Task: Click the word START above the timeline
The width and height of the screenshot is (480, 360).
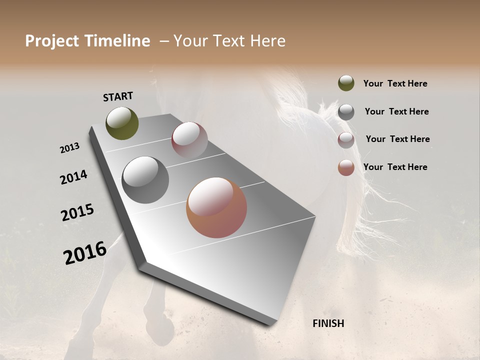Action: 118,96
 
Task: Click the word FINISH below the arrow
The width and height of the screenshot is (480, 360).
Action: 328,323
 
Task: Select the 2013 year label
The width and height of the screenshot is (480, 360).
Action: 69,148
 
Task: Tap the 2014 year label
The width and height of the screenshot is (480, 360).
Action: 73,177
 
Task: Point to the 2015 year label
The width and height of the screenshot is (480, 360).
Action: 77,212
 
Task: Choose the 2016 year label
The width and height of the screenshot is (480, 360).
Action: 85,252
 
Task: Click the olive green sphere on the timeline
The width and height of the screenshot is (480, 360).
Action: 122,123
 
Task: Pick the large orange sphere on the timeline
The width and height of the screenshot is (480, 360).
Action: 216,207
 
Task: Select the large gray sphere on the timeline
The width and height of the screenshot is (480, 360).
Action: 145,180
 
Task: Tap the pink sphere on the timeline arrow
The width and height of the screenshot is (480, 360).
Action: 189,140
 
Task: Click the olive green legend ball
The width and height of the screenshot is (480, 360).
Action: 346,83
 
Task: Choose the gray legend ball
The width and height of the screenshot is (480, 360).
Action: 346,112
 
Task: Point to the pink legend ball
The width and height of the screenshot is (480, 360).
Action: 346,139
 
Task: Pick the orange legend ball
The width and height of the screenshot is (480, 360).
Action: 346,167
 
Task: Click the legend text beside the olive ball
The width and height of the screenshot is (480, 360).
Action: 395,83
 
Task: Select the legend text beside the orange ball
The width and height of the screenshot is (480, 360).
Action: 395,167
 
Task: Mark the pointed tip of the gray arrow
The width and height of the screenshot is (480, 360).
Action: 272,324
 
